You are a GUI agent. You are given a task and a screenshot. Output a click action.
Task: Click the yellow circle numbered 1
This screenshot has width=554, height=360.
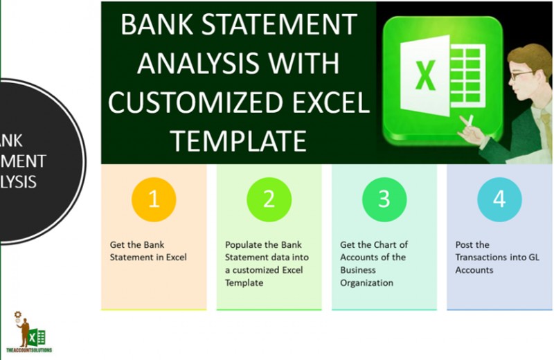coord(154,199)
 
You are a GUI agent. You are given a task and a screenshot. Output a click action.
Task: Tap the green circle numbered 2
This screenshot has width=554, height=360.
coord(269,199)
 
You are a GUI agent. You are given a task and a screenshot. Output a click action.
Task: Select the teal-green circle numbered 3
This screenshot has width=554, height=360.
coord(384,199)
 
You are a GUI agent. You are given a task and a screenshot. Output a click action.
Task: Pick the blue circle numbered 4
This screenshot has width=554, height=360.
coord(499,199)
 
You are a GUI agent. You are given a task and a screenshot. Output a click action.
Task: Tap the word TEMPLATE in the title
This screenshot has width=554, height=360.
coord(239,141)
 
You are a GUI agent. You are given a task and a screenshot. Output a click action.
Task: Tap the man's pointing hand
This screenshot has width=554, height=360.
coord(471,127)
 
